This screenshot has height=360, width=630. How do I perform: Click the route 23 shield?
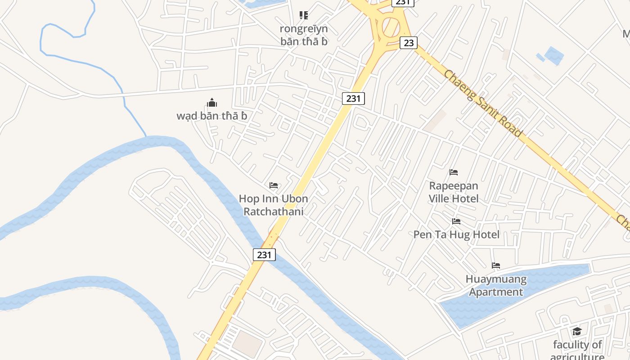pyautogui.click(x=409, y=43)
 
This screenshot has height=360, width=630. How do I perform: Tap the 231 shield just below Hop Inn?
pyautogui.click(x=264, y=255)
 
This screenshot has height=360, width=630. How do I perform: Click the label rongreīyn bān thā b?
pyautogui.click(x=304, y=35)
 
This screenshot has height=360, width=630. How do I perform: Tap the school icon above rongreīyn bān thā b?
pyautogui.click(x=304, y=16)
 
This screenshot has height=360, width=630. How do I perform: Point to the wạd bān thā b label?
pyautogui.click(x=212, y=116)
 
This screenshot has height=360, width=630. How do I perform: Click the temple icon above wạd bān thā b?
pyautogui.click(x=212, y=103)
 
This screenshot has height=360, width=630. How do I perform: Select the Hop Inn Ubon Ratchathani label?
pyautogui.click(x=274, y=205)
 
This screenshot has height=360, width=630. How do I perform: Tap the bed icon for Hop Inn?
pyautogui.click(x=274, y=185)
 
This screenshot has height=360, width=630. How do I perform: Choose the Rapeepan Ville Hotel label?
pyautogui.click(x=454, y=192)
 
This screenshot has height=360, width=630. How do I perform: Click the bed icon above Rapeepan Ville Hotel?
pyautogui.click(x=454, y=172)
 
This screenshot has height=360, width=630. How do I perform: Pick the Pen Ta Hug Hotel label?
pyautogui.click(x=456, y=234)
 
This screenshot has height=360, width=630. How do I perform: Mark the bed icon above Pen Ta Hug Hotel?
pyautogui.click(x=456, y=221)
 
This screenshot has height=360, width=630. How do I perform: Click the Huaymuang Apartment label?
pyautogui.click(x=496, y=286)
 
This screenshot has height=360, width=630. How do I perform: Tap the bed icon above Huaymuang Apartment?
pyautogui.click(x=496, y=265)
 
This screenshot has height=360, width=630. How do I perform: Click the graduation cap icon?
pyautogui.click(x=577, y=332)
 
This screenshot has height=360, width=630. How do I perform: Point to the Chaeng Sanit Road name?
pyautogui.click(x=483, y=103)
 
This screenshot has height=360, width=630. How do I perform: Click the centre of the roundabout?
pyautogui.click(x=391, y=27)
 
